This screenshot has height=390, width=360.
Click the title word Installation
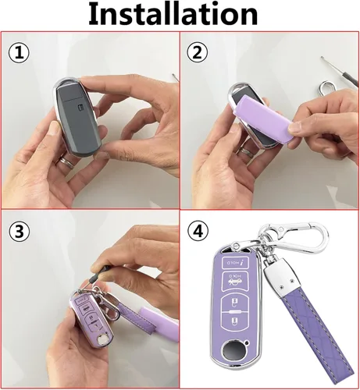pyautogui.click(x=173, y=13)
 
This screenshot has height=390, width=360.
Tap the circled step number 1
pyautogui.click(x=20, y=53)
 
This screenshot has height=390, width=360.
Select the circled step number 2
pyautogui.click(x=198, y=53)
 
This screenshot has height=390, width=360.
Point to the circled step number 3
pyautogui.click(x=20, y=232)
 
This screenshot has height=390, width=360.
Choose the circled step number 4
pyautogui.click(x=198, y=231)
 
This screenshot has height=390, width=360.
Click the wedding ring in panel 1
pyautogui.click(x=66, y=162)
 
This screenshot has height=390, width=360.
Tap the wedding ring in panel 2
pyautogui.click(x=246, y=151)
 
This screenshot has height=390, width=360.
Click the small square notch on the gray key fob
pyautogui.click(x=81, y=107)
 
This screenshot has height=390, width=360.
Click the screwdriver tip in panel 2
pyautogui.click(x=323, y=58)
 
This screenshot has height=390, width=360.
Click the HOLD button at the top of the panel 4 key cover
pyautogui.click(x=234, y=263)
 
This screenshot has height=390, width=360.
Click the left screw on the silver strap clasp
pyautogui.click(x=281, y=286)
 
